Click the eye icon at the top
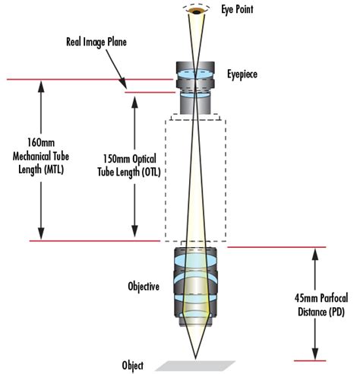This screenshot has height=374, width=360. point(197,10)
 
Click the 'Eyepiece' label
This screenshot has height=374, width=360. point(242,76)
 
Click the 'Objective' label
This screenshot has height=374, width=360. point(143,287)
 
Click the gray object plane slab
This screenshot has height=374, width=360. point(197,365)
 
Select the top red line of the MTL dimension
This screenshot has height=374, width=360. point(76,78)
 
